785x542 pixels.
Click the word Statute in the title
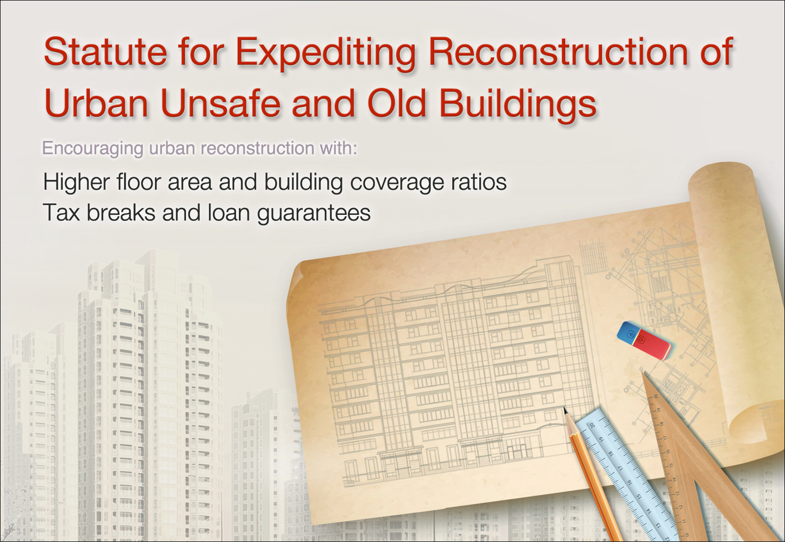point(105,52)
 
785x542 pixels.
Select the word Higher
point(76,183)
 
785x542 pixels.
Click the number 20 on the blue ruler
point(592,425)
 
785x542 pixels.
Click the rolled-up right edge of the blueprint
point(729,299)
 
